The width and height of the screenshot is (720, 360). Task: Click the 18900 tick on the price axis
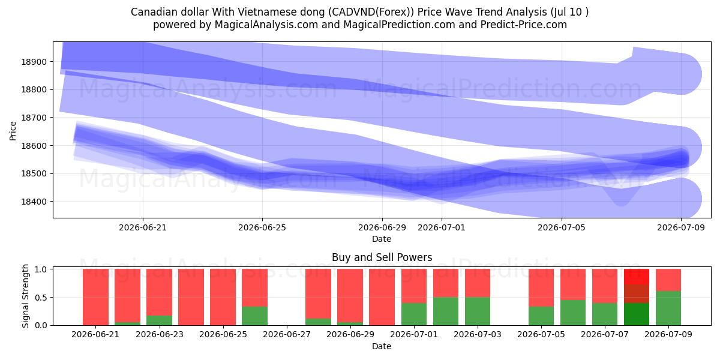pos(34,62)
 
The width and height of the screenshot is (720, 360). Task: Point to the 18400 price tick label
pos(34,202)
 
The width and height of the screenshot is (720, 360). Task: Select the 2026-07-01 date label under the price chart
pos(442,227)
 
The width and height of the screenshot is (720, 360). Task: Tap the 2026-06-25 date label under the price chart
pos(262,227)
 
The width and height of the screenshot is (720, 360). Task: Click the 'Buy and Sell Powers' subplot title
pos(382,257)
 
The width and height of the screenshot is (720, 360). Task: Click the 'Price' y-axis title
pos(13,131)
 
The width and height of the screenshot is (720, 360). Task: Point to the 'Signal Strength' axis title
pos(25,296)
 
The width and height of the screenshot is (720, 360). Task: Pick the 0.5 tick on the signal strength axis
pos(41,298)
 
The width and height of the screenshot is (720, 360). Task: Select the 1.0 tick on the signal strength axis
pos(41,269)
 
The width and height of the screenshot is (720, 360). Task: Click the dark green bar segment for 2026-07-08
pos(637,314)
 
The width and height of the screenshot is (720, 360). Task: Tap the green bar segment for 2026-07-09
pos(668,308)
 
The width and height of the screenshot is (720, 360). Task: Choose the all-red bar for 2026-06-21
pos(95,297)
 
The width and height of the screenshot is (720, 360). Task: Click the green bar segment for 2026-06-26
pos(254,316)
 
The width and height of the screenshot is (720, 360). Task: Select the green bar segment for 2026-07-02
pos(445,311)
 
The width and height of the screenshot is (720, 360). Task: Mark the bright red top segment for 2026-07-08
pos(637,277)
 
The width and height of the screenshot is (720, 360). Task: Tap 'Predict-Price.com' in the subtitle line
pos(524,25)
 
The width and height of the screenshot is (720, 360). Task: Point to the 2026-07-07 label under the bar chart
pos(605,334)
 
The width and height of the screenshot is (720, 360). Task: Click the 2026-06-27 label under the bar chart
pos(287,334)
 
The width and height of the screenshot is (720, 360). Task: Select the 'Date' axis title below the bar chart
pos(382,346)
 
